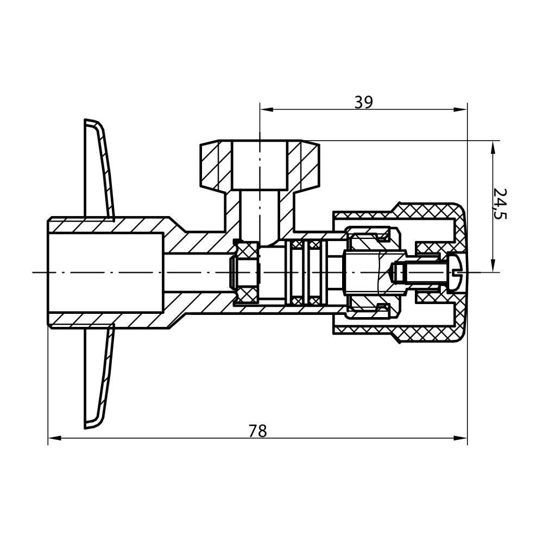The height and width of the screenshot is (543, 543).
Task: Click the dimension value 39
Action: coord(363,102)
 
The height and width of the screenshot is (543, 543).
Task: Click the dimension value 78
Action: coord(258,431)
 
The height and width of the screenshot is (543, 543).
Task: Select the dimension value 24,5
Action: coord(500,204)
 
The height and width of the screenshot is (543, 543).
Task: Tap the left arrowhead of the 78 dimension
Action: coord(55,438)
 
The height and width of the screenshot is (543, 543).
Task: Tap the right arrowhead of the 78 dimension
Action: coord(460,438)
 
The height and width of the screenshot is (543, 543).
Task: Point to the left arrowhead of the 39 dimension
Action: coord(267,110)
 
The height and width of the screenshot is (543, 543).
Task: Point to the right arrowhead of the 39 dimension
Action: coord(460,110)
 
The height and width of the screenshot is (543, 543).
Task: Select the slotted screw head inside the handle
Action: coord(456,272)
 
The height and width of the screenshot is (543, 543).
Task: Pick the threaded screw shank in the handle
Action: coord(426,272)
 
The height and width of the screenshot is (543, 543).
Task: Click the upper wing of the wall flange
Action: coord(100,169)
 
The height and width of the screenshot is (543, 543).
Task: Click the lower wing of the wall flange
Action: coord(100,376)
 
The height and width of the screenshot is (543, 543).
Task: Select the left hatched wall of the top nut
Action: coord(216,165)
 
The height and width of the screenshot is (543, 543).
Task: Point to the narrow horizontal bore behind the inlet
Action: coord(198,272)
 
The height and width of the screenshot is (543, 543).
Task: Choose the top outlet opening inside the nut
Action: coord(260,165)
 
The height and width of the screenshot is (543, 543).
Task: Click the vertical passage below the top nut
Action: coord(260,218)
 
